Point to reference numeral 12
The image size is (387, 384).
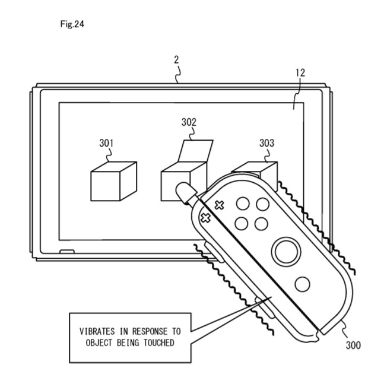(x=300, y=73)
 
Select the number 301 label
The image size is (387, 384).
(x=107, y=144)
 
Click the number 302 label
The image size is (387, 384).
(x=189, y=123)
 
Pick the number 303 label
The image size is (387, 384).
(x=267, y=144)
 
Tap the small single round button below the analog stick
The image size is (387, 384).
(x=302, y=284)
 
